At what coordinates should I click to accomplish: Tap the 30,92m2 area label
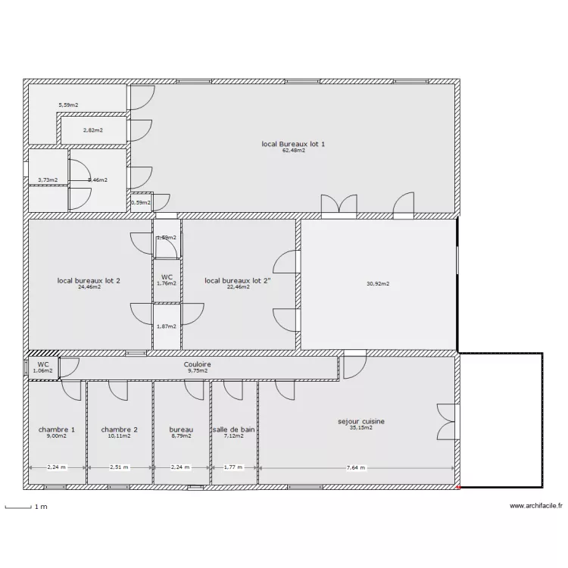(x=377, y=284)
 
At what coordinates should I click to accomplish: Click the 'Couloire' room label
(x=197, y=364)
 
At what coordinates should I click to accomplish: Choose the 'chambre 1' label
(x=57, y=429)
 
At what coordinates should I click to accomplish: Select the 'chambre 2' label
(x=119, y=429)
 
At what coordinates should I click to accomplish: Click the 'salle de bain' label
(x=234, y=429)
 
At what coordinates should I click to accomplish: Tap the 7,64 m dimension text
(x=355, y=468)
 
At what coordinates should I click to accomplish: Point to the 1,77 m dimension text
(x=233, y=468)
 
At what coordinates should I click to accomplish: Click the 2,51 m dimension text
(x=119, y=468)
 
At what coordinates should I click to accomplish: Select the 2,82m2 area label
(x=92, y=130)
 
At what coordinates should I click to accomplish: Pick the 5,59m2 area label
(x=69, y=105)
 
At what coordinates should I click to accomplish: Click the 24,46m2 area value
(x=89, y=287)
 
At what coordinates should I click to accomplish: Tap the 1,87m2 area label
(x=166, y=326)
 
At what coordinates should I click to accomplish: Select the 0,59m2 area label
(x=140, y=202)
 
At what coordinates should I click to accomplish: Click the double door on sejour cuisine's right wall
(x=447, y=422)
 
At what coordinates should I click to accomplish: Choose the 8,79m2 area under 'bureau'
(x=181, y=436)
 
